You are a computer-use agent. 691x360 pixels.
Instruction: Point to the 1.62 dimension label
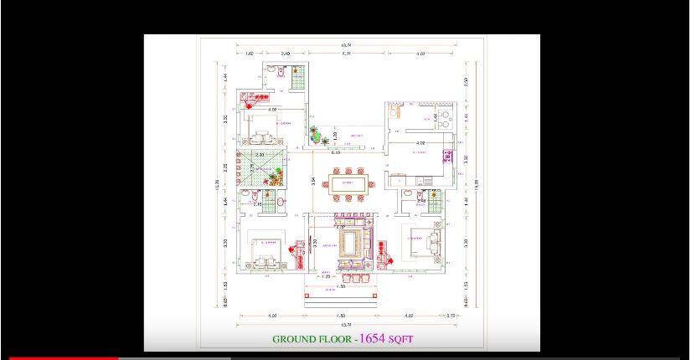pyautogui.click(x=249, y=54)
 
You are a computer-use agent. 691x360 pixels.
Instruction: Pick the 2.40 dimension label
pyautogui.click(x=285, y=54)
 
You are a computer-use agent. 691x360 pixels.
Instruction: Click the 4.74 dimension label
pyautogui.click(x=346, y=54)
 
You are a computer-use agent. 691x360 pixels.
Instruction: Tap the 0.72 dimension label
pyautogui.click(x=451, y=316)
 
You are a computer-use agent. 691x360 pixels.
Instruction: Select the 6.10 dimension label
pyautogui.click(x=335, y=153)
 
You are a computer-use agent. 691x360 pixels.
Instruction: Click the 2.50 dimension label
pyautogui.click(x=465, y=81)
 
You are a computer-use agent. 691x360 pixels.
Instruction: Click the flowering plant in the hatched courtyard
pyautogui.click(x=275, y=177)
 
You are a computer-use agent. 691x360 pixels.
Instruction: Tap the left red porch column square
pyautogui.click(x=307, y=287)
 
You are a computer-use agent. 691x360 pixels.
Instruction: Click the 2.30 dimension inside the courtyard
pyautogui.click(x=260, y=155)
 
